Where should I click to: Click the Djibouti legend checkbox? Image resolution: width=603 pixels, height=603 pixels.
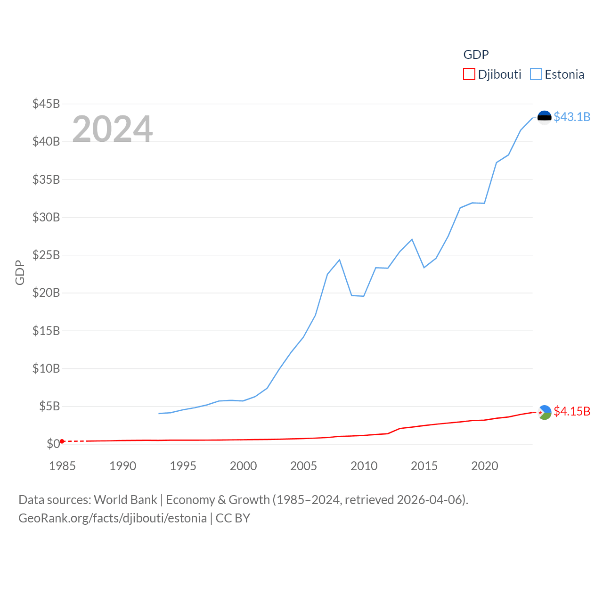point(469,74)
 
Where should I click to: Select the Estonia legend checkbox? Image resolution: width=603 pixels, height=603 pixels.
point(536,74)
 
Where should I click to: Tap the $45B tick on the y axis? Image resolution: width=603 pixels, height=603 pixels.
point(46,104)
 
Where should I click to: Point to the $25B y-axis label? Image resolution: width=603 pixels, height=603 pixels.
point(46,255)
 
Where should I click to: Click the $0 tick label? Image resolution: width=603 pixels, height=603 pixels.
point(53,444)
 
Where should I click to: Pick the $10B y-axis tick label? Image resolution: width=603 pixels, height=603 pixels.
point(46,368)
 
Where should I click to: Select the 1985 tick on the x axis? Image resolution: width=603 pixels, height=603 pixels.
point(62,466)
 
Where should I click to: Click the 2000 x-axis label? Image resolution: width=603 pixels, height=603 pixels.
point(243,466)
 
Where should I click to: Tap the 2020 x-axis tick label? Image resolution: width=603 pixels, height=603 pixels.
point(484,466)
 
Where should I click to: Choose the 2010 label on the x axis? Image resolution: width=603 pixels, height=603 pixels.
point(364,466)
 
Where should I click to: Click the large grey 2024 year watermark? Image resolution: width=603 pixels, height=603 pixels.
point(112,129)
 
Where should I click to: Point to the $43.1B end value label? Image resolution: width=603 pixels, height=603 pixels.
point(572,117)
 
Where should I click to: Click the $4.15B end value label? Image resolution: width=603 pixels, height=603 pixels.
point(572,411)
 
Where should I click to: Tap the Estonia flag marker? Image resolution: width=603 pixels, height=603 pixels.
point(544,117)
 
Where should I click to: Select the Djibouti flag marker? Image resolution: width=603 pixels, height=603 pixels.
point(544,412)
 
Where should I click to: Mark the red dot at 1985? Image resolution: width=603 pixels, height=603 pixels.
point(62,441)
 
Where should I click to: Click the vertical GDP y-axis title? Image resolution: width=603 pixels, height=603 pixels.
point(20,272)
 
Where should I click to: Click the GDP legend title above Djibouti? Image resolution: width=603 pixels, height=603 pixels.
point(476,55)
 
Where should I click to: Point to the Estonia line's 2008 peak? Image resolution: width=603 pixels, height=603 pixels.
point(339,260)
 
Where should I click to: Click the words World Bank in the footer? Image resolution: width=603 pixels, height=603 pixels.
point(125,499)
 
